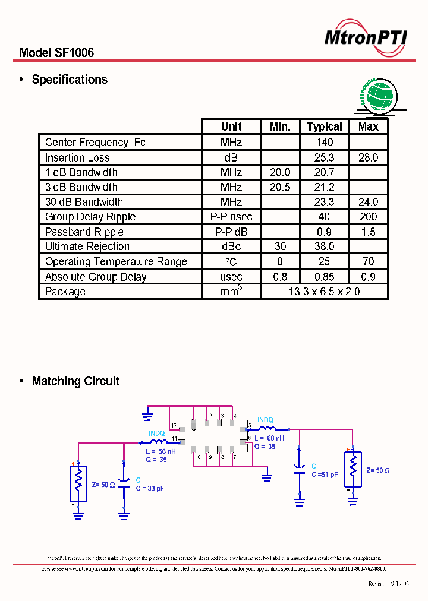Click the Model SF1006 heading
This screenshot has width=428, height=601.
[x=56, y=53]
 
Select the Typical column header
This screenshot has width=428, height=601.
[x=324, y=126]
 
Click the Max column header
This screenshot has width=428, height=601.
[x=368, y=126]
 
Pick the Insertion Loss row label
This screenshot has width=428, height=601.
[x=77, y=157]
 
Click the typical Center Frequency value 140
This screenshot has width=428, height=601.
[x=325, y=143]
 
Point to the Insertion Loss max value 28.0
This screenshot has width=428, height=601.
[x=368, y=157]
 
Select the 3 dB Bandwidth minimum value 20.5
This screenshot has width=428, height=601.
[x=280, y=187]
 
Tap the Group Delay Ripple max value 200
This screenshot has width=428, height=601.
[x=368, y=217]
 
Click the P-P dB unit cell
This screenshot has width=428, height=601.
[x=231, y=232]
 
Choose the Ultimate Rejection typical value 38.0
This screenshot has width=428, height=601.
[x=325, y=246]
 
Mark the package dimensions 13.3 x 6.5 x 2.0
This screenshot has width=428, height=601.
[x=324, y=292]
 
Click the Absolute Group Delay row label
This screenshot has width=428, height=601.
[x=96, y=277]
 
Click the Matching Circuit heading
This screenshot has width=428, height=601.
[x=75, y=381]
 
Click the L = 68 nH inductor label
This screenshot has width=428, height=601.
[x=269, y=438]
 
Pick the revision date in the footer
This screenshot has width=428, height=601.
[x=388, y=584]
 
